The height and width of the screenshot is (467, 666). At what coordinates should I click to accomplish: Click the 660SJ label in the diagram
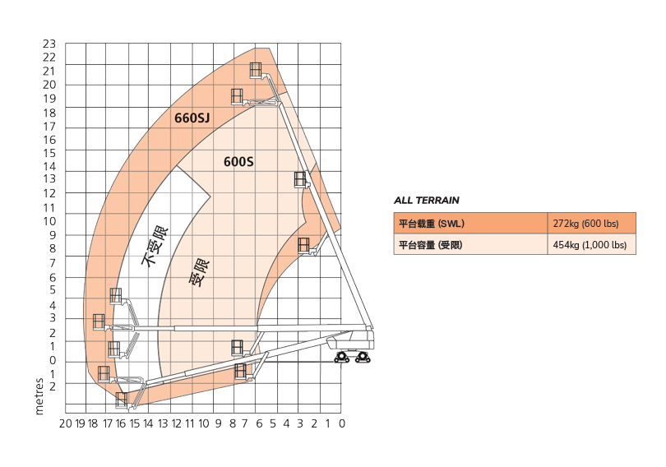tap(192, 118)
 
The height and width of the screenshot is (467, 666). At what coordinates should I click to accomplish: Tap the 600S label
tap(238, 162)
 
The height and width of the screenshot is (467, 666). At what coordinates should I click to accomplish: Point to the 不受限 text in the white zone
tap(155, 246)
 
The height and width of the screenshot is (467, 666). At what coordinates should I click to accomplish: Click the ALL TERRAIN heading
tap(427, 201)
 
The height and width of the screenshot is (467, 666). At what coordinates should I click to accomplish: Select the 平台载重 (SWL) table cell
tap(470, 224)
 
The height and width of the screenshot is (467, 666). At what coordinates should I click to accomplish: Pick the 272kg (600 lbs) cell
tap(592, 224)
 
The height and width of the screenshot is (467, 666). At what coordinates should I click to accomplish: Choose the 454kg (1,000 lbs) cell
tap(592, 244)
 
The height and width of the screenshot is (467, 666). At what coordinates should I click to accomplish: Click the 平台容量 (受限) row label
tap(430, 245)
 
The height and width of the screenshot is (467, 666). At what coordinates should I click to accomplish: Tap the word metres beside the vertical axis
tap(39, 396)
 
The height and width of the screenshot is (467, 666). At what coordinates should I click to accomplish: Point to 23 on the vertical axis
tap(49, 44)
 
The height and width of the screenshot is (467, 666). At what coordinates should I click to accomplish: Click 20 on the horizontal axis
tap(66, 423)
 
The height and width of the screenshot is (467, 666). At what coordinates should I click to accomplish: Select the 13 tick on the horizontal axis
tap(163, 423)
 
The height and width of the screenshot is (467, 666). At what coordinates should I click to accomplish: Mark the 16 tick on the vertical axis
tap(49, 140)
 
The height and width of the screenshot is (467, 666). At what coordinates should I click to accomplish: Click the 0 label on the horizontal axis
tap(342, 423)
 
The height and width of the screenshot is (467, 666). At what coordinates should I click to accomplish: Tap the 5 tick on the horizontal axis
tap(273, 423)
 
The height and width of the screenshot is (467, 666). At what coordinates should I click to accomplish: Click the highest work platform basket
tap(256, 70)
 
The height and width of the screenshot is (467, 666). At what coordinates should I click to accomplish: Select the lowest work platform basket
tap(122, 400)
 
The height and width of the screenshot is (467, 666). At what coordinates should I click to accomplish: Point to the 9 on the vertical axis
tap(53, 235)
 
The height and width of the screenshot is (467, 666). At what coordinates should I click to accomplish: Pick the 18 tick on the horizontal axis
tap(93, 423)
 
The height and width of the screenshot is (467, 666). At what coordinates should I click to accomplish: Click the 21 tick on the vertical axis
tap(49, 71)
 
